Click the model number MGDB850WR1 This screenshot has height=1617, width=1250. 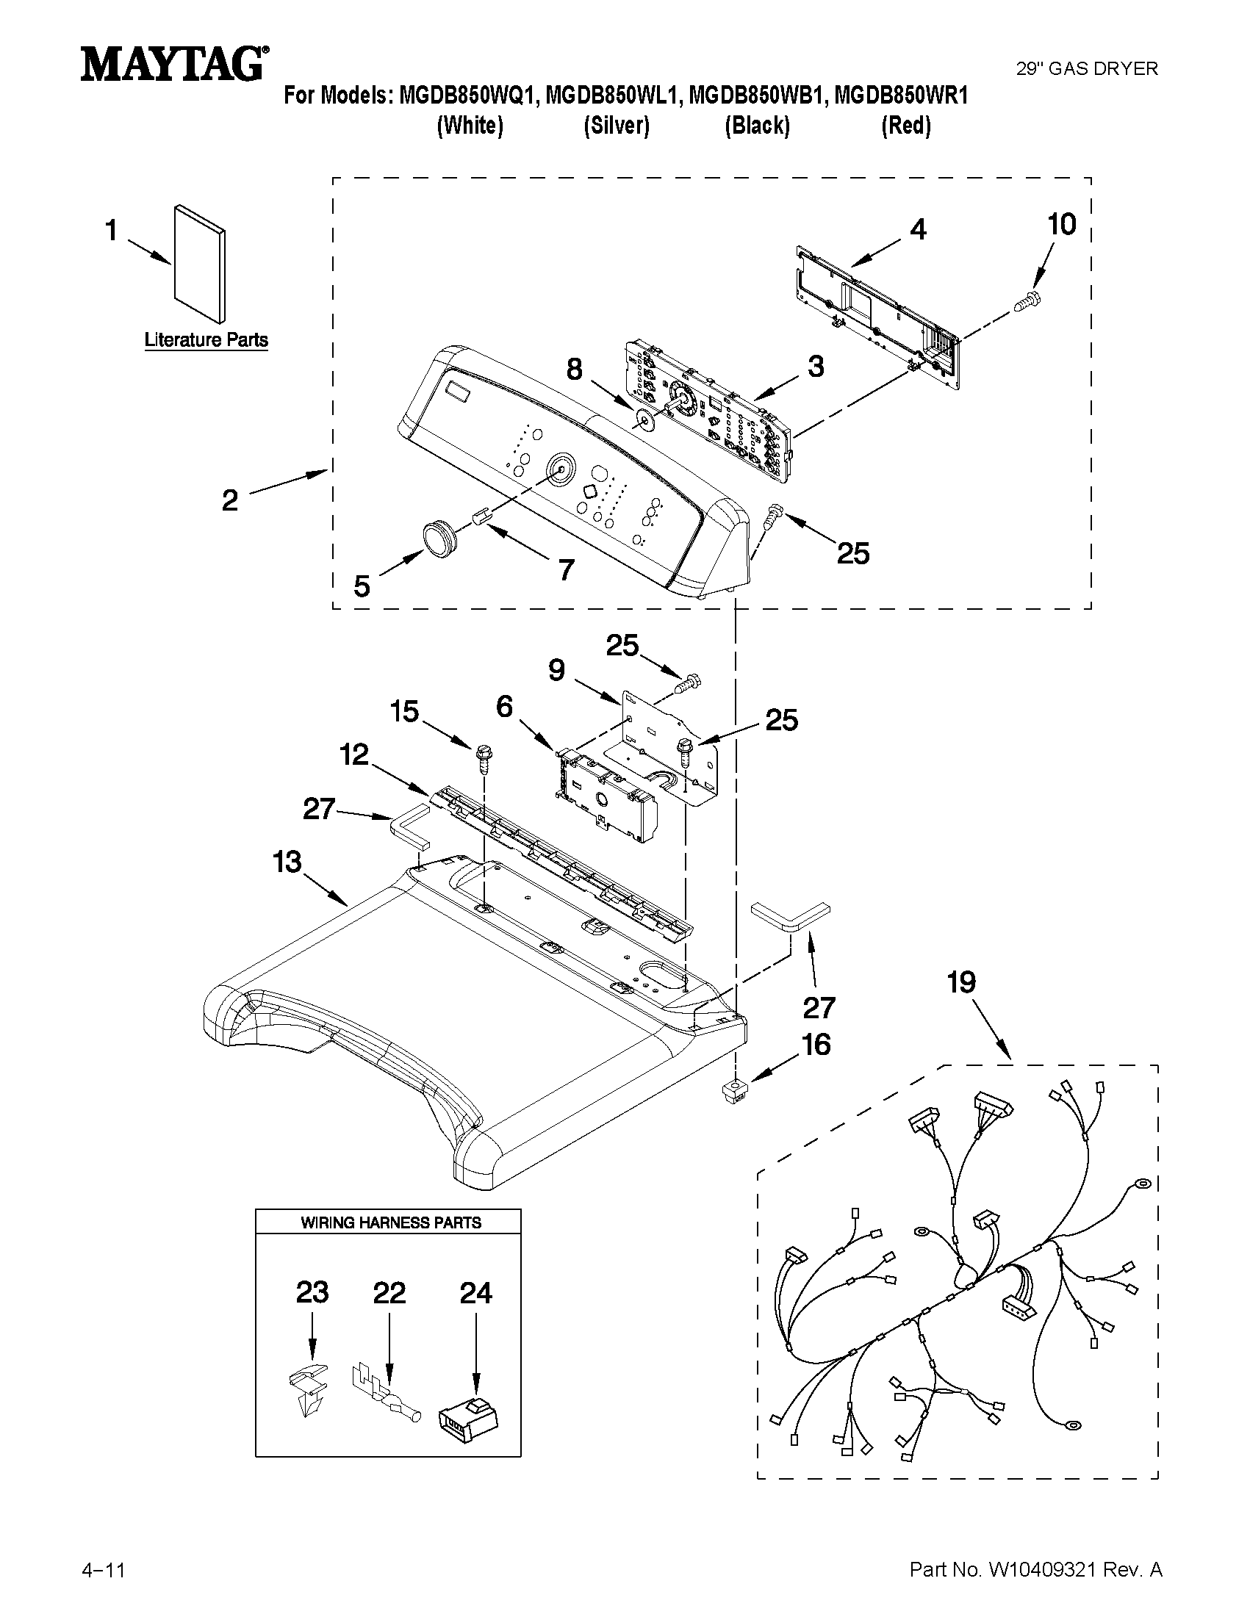901,96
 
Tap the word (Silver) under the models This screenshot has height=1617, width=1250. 616,126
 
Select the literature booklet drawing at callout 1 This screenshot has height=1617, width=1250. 199,264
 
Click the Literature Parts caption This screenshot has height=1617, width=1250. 206,340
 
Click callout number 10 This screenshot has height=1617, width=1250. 1061,223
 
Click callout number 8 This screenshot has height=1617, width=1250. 575,370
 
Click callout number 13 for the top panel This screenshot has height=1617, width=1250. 287,862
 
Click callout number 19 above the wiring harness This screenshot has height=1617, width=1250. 961,982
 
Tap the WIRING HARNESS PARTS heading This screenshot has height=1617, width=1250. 390,1222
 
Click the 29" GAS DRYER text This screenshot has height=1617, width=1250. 1085,69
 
